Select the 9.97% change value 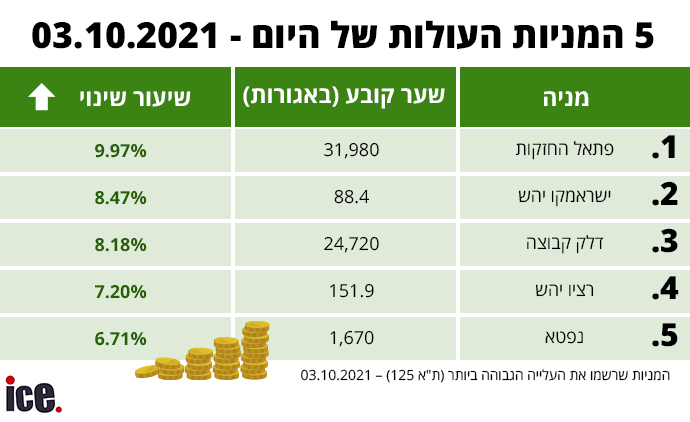[x=120, y=151]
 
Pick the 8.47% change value [x=120, y=198]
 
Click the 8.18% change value [x=120, y=244]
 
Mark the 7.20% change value [x=120, y=291]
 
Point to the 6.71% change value [x=120, y=338]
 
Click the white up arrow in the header [x=42, y=97]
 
